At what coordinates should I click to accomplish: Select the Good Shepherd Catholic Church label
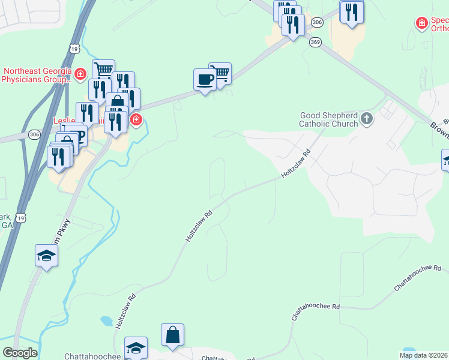(x=329, y=119)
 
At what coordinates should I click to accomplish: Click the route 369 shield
(x=315, y=42)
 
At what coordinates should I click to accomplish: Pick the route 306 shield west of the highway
(x=34, y=134)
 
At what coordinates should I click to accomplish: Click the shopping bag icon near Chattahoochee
(x=172, y=335)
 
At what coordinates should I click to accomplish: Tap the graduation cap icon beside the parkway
(x=46, y=256)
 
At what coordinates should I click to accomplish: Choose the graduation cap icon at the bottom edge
(x=136, y=348)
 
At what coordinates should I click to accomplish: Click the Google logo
(x=20, y=353)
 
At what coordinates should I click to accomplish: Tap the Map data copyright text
(x=424, y=355)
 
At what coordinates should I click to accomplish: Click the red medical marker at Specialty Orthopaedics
(x=422, y=23)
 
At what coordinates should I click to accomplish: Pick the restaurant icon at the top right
(x=351, y=11)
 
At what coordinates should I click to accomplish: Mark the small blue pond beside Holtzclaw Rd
(x=107, y=321)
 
